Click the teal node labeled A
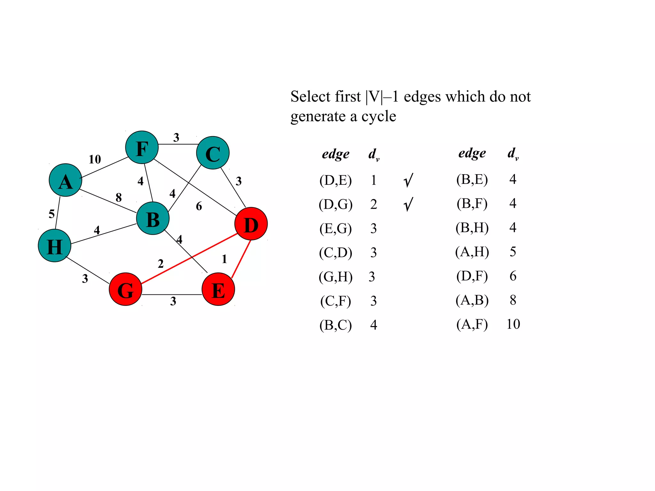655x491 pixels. coord(66,180)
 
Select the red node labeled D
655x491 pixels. coord(251,224)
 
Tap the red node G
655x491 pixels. coord(126,289)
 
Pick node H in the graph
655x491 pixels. coord(54,246)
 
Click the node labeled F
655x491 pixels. coord(142,147)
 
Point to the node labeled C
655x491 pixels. coord(213,153)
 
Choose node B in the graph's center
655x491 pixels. coord(153,219)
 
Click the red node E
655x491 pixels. coord(218,289)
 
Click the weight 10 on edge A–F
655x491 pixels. coord(95,159)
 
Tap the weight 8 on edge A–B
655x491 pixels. coord(119,197)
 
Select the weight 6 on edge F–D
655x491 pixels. coord(199,206)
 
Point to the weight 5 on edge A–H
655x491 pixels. coord(51,214)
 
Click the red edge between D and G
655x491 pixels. coord(189,259)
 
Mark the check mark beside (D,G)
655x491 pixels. coord(408,204)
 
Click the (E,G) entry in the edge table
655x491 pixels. coord(335,229)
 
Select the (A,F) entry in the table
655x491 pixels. coord(472,324)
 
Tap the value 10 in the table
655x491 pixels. coord(513,324)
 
